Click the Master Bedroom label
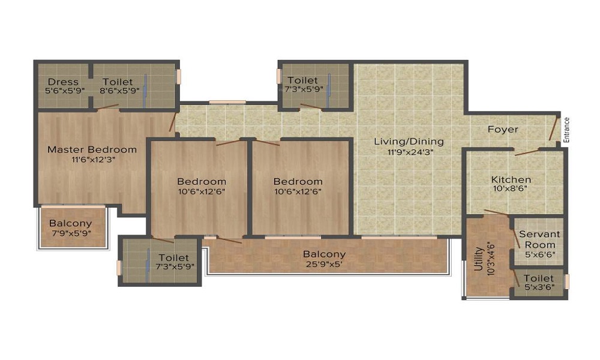click(92, 149)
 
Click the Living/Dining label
click(409, 142)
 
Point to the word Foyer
click(503, 129)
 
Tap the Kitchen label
click(511, 179)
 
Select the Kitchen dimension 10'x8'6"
click(511, 189)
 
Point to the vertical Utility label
click(478, 263)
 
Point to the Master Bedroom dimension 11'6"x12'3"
click(92, 160)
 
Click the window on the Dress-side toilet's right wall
click(178, 79)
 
